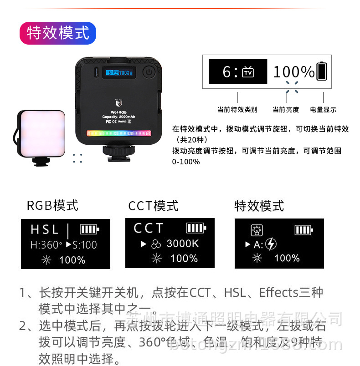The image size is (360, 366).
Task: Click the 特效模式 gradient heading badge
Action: click(58, 33)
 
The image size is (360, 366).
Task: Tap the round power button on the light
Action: click(149, 72)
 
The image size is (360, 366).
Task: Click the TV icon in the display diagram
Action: click(248, 72)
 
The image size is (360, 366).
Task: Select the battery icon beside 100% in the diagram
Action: click(322, 71)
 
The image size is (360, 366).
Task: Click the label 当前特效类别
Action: click(237, 110)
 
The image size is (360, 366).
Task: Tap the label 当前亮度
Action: click(286, 110)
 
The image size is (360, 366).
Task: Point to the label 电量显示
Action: click(323, 110)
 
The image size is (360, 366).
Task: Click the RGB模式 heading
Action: click(52, 205)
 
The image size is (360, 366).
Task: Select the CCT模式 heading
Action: click(153, 205)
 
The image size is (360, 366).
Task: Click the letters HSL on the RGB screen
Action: click(45, 229)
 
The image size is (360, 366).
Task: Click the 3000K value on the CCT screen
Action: click(183, 244)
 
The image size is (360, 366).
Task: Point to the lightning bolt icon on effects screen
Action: click(271, 244)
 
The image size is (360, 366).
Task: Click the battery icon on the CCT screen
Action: click(196, 228)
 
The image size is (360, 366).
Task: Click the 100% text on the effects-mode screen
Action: click(287, 258)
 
